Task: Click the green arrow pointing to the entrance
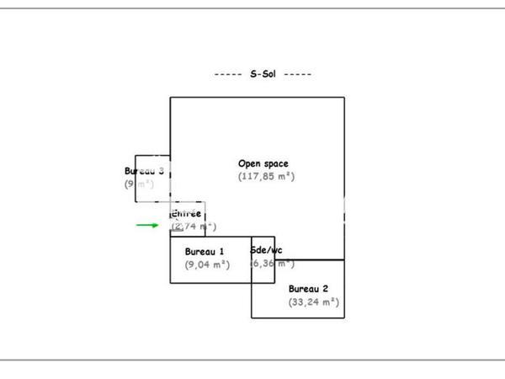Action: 147,225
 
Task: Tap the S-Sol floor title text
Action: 263,74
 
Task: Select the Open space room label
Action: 263,163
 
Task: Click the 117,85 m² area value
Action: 266,177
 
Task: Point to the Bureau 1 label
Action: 205,251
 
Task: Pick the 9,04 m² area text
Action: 207,264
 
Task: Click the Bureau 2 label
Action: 307,288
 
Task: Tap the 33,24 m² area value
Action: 313,302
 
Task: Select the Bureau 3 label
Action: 143,171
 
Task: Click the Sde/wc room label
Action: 266,250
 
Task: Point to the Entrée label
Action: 186,213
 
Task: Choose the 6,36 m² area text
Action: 272,264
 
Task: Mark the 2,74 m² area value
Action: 194,226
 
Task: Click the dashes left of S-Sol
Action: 228,74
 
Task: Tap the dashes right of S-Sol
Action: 298,74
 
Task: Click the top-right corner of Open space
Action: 344,98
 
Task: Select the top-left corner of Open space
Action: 170,98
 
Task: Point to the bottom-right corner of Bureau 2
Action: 344,318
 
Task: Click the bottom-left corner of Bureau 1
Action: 170,282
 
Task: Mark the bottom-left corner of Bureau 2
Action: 252,318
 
